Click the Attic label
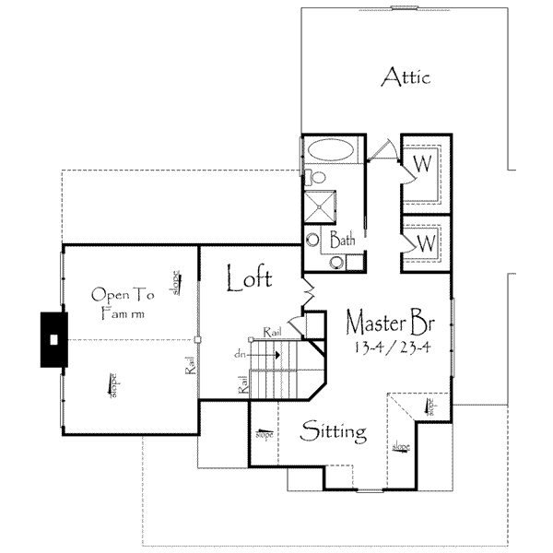click(x=406, y=76)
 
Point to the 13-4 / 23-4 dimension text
click(x=389, y=347)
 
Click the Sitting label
click(x=335, y=431)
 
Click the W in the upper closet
click(x=423, y=164)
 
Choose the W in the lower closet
click(x=426, y=244)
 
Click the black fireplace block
click(x=54, y=339)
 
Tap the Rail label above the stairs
click(x=273, y=331)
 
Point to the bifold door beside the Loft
click(x=309, y=292)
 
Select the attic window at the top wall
click(x=403, y=9)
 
